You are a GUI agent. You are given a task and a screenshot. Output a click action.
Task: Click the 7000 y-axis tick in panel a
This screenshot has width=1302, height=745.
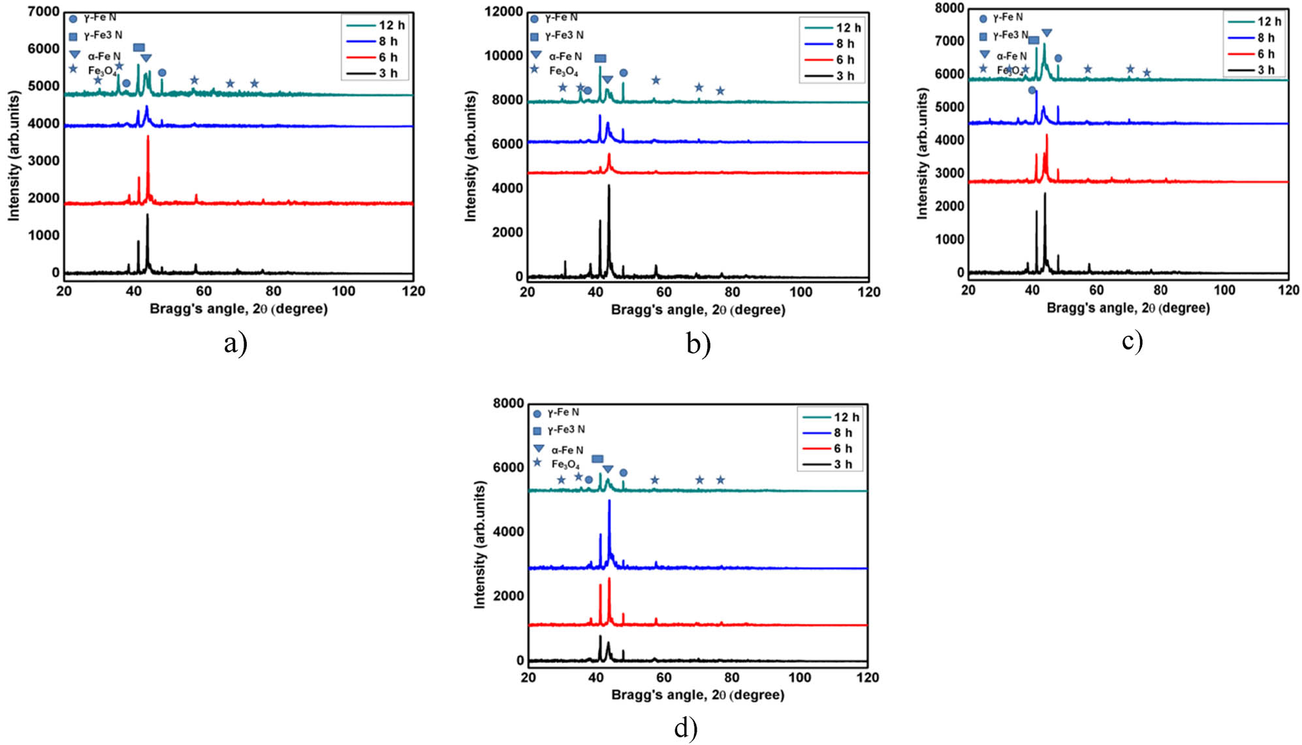[x=43, y=12]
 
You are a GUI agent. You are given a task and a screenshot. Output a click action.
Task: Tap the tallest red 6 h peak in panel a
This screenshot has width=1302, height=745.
[x=148, y=136]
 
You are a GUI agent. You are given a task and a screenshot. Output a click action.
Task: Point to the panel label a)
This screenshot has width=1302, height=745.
[x=235, y=342]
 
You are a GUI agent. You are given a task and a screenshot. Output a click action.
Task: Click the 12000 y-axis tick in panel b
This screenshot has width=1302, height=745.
[x=503, y=12]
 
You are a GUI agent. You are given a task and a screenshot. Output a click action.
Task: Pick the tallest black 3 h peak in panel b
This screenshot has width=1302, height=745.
[x=609, y=186]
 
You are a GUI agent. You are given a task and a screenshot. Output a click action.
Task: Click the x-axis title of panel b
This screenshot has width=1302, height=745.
[x=697, y=309]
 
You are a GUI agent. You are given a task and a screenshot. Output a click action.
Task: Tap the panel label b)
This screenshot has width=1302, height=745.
[x=698, y=343]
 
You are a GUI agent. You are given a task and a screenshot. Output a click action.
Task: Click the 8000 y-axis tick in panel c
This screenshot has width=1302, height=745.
[x=949, y=8]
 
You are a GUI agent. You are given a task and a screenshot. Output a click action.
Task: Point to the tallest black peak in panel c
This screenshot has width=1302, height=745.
[x=1045, y=194]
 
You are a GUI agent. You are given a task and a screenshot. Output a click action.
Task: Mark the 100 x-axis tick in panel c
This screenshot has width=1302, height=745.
[x=1224, y=290]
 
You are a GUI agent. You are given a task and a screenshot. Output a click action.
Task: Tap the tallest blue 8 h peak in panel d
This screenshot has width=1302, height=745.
[x=609, y=501]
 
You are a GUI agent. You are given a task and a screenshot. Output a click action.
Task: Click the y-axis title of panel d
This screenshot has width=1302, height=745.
[x=480, y=545]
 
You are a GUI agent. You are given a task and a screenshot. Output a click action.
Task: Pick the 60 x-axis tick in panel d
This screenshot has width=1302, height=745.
[x=663, y=677]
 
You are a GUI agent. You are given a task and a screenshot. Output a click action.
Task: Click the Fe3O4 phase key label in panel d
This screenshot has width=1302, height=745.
[x=565, y=464]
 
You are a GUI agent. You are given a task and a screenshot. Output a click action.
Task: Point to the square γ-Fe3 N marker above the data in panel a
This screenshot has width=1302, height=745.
[x=138, y=48]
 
